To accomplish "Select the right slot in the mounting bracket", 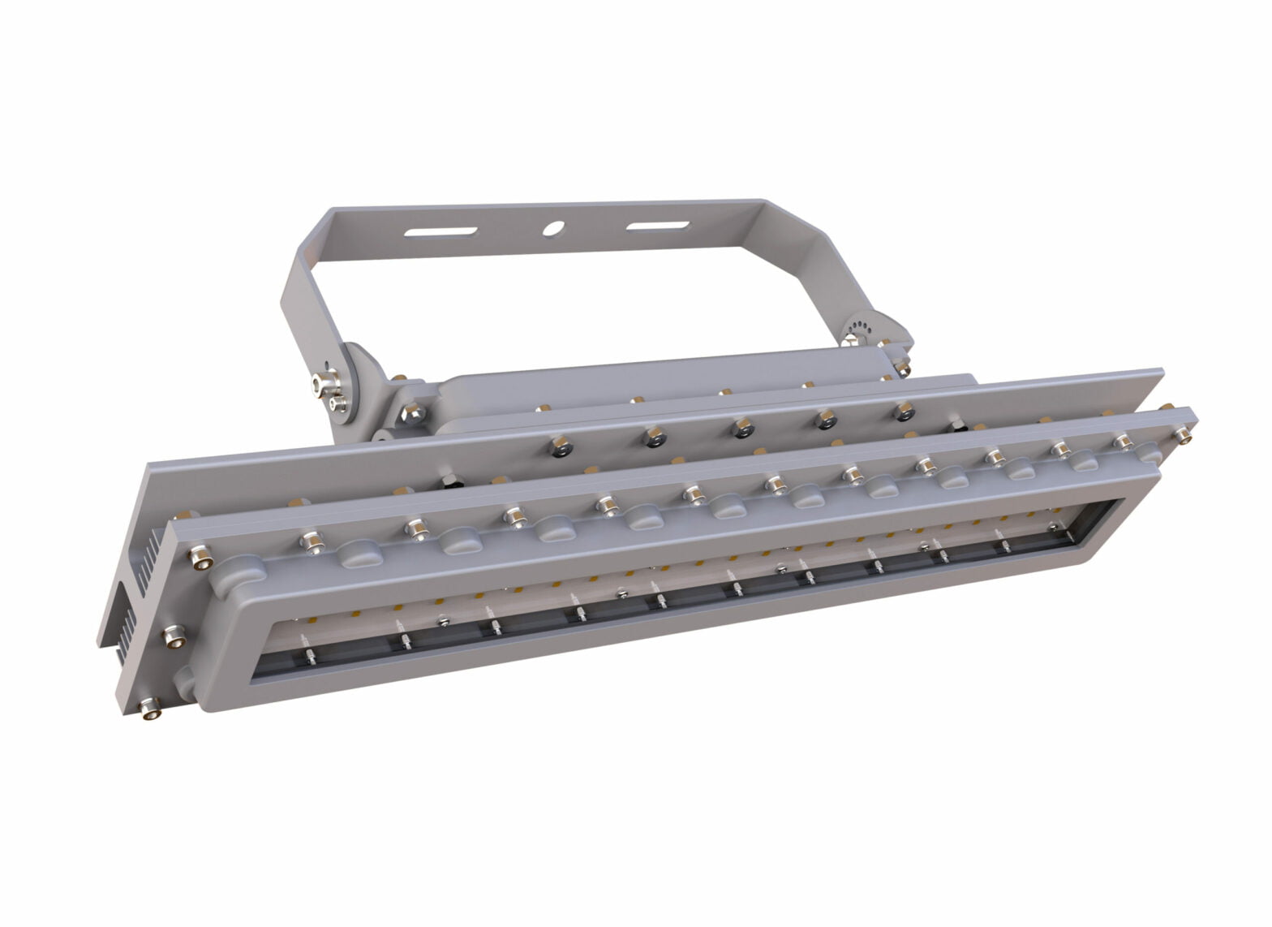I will click(658, 225).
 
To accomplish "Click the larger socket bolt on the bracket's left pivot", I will click(320, 382).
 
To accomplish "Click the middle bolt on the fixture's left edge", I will click(173, 637).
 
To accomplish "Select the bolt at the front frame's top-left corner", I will click(199, 556).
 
